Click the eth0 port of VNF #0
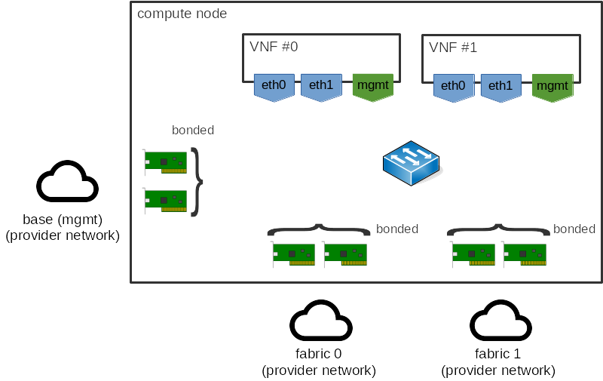click(274, 86)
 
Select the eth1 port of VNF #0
click(321, 86)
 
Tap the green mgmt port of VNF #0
click(372, 86)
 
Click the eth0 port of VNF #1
click(453, 87)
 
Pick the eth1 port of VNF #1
click(500, 87)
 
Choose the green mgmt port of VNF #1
click(552, 87)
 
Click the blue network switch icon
click(412, 163)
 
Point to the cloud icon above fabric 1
click(500, 322)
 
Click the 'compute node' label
click(182, 14)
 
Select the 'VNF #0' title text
click(274, 47)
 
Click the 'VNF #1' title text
click(453, 47)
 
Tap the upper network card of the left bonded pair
click(165, 161)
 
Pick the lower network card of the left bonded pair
click(165, 200)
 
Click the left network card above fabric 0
click(293, 254)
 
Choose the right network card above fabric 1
click(525, 254)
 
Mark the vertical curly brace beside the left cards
click(197, 181)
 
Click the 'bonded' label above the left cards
click(193, 130)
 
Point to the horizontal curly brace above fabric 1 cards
click(498, 228)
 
